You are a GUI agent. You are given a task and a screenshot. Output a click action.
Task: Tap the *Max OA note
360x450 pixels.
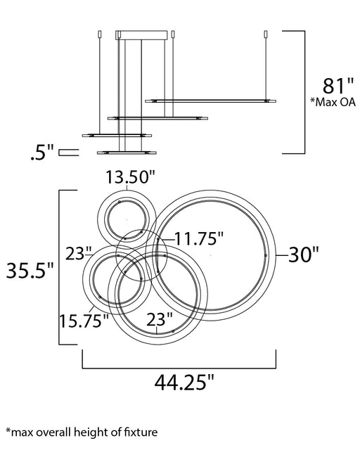[333, 102]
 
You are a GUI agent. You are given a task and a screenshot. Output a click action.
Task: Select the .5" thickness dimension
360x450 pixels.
[42, 153]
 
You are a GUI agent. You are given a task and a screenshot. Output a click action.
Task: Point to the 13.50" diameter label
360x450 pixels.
[131, 176]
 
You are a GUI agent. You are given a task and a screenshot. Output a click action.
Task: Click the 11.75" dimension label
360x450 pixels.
[199, 238]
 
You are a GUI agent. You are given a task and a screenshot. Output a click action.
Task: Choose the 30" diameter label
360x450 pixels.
[304, 255]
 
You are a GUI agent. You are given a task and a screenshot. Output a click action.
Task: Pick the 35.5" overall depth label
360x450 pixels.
[30, 270]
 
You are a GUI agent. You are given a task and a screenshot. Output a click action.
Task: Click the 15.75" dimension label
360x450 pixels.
[84, 321]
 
